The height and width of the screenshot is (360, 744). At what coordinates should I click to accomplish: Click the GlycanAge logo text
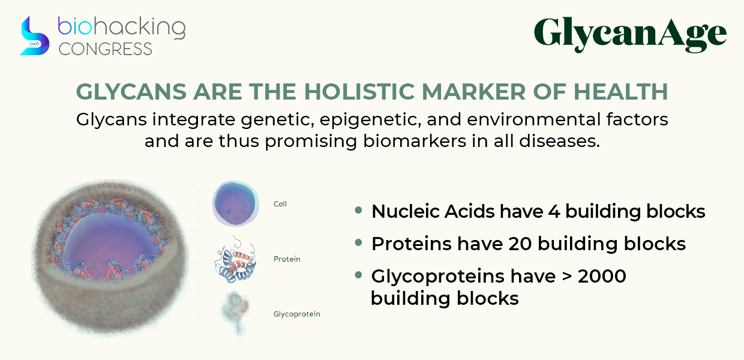630,35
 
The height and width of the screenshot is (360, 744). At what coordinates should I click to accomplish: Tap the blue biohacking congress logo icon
35,36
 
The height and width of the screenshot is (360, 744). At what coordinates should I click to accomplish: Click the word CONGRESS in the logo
105,49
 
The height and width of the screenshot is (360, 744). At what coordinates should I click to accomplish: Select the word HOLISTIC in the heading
359,91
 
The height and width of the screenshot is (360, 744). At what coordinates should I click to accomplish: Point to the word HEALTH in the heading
621,91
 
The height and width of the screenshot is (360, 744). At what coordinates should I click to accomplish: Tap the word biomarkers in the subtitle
415,141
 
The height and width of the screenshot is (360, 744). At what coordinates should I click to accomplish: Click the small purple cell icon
235,203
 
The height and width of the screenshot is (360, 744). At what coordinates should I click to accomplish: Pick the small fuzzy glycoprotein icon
235,313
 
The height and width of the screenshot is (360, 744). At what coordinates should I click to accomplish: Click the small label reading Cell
280,204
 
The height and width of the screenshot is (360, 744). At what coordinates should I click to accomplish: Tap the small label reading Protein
287,259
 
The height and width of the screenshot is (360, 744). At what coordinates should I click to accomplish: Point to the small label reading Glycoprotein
297,314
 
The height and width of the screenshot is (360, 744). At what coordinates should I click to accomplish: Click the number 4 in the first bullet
554,212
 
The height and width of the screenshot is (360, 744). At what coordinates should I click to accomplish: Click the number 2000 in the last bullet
602,277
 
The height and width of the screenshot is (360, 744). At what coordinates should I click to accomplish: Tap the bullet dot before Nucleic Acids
358,210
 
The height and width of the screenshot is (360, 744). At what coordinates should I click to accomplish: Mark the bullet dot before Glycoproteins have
358,275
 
